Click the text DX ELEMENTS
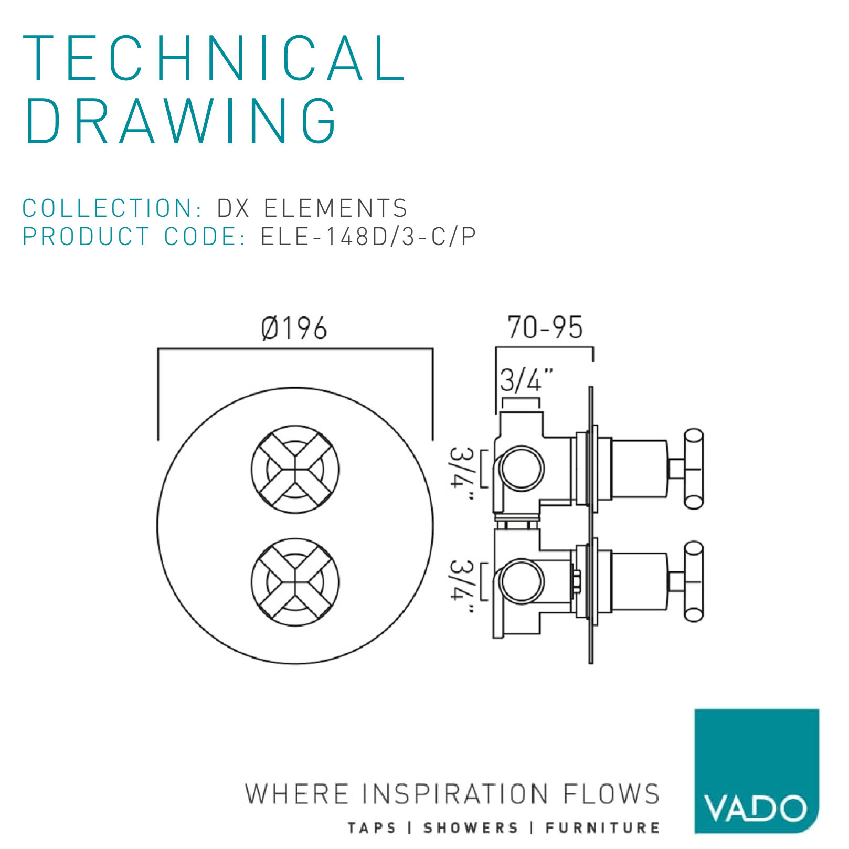pyautogui.click(x=312, y=208)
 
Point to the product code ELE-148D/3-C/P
pyautogui.click(x=368, y=237)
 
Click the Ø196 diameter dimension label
pyautogui.click(x=294, y=328)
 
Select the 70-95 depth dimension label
pyautogui.click(x=545, y=327)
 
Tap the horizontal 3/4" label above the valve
pyautogui.click(x=526, y=380)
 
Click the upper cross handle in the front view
pyautogui.click(x=295, y=469)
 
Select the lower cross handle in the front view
pyautogui.click(x=295, y=582)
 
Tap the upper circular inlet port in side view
pyautogui.click(x=522, y=469)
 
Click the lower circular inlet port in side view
pyautogui.click(x=522, y=581)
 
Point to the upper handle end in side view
pyautogui.click(x=694, y=469)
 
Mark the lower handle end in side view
pyautogui.click(x=694, y=581)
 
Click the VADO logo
pyautogui.click(x=757, y=771)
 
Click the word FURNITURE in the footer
pyautogui.click(x=602, y=829)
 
